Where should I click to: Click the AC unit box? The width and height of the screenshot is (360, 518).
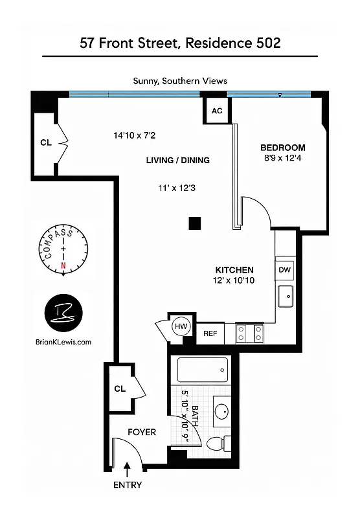tap(216, 111)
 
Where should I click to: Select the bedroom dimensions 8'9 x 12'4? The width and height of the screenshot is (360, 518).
tap(282, 158)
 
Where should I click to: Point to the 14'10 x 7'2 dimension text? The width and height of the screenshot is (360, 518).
tap(135, 135)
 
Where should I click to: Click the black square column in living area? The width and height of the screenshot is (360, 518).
tap(195, 223)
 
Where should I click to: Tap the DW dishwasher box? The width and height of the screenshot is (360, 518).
tap(285, 269)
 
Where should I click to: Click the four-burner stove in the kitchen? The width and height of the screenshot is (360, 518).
tap(249, 333)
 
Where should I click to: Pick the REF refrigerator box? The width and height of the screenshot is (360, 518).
tap(210, 333)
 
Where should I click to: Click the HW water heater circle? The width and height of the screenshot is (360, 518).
tap(181, 327)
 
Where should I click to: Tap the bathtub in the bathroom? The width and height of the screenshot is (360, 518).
tap(203, 370)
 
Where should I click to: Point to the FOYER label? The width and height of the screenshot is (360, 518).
tap(141, 432)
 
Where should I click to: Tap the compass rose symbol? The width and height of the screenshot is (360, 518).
tap(63, 249)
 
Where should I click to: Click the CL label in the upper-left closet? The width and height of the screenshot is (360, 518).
tap(46, 142)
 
